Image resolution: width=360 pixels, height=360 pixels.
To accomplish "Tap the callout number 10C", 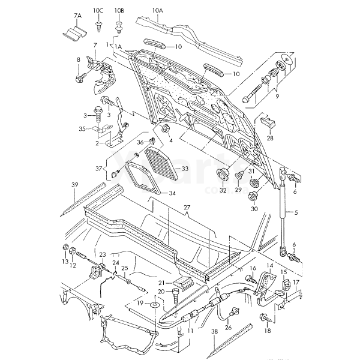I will tap(98, 11).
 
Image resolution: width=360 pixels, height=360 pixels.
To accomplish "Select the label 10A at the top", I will tap(157, 11).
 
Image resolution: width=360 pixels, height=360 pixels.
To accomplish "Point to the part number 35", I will tap(82, 128).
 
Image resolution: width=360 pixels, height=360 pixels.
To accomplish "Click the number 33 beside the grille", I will tap(184, 169).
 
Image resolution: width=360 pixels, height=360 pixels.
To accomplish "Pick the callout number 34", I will tap(172, 193).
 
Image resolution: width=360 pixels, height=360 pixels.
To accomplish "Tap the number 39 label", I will tap(75, 184).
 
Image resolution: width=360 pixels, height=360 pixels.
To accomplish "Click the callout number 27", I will tap(186, 207).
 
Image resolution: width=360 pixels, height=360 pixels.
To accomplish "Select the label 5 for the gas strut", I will tap(296, 212).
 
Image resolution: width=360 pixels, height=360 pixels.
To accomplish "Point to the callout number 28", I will tap(269, 137).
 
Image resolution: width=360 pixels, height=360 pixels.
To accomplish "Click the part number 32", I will tap(223, 190).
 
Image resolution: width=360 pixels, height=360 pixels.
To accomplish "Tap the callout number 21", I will tap(161, 283).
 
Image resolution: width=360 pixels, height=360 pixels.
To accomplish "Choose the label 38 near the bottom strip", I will tap(214, 331).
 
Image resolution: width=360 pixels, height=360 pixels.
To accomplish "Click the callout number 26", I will tap(228, 328).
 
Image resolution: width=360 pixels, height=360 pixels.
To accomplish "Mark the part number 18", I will tap(268, 330).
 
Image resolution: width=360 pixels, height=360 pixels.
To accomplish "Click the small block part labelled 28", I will tap(269, 122).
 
